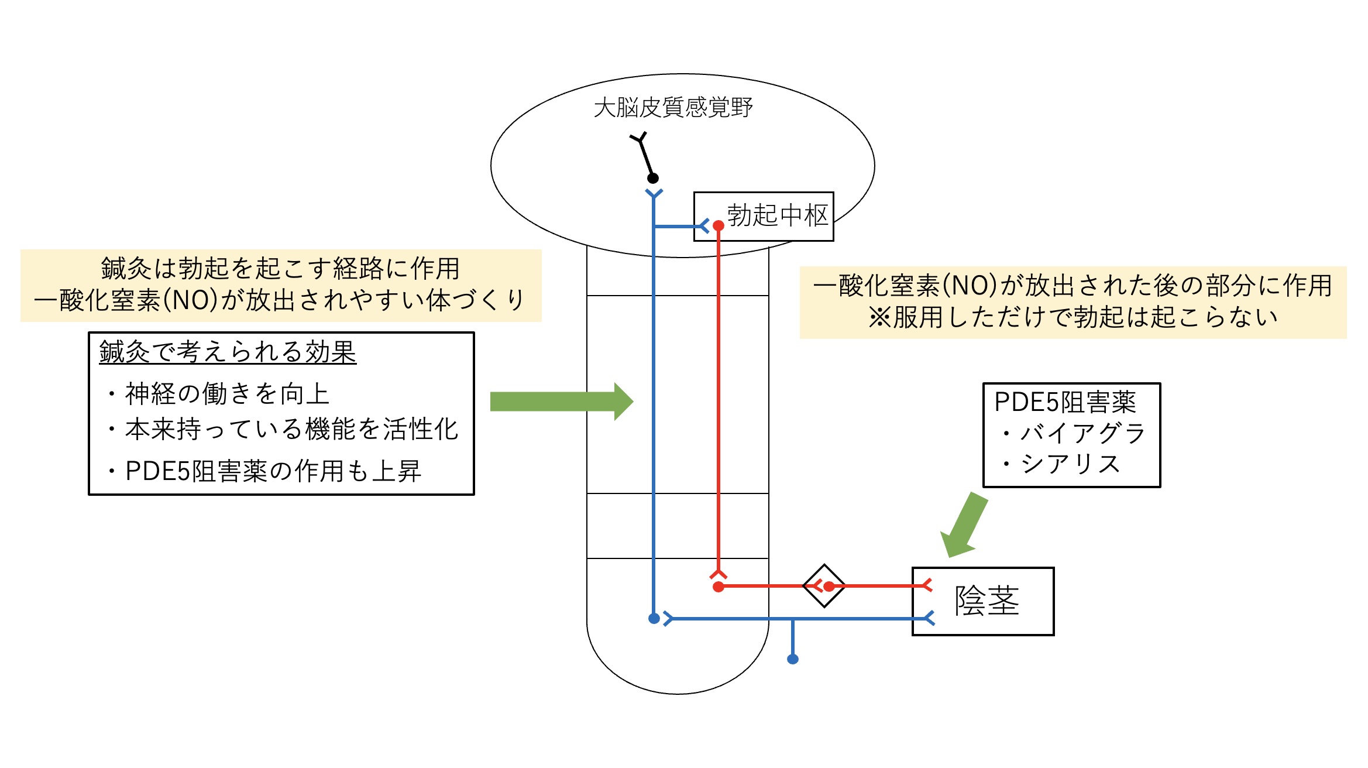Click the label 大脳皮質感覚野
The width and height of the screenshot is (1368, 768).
pyautogui.click(x=673, y=108)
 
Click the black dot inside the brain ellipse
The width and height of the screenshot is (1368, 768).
pyautogui.click(x=653, y=178)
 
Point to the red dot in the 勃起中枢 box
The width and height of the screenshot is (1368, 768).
pyautogui.click(x=719, y=225)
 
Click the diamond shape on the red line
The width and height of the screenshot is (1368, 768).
pyautogui.click(x=824, y=585)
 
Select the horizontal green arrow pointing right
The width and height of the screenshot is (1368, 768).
pyautogui.click(x=561, y=402)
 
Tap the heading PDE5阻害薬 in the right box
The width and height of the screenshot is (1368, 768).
pyautogui.click(x=1065, y=402)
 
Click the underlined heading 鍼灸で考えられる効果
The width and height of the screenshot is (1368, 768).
pyautogui.click(x=228, y=352)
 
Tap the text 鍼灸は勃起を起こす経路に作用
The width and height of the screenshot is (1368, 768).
pyautogui.click(x=280, y=269)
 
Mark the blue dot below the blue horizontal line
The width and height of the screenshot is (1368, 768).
pyautogui.click(x=793, y=659)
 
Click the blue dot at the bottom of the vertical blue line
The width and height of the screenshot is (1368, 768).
pyautogui.click(x=654, y=618)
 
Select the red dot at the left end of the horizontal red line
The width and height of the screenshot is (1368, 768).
pyautogui.click(x=719, y=587)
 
